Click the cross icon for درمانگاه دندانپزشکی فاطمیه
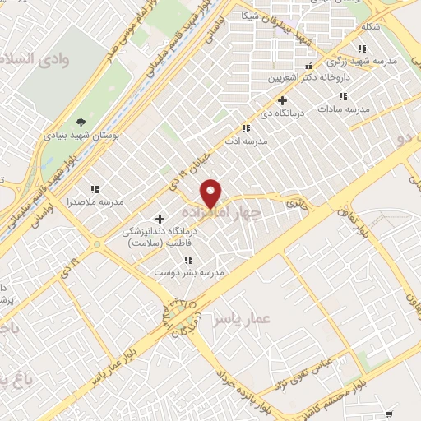[x=159, y=218]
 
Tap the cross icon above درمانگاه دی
[x=282, y=100]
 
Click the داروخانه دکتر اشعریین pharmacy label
[x=309, y=80]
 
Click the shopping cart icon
[x=389, y=414]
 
